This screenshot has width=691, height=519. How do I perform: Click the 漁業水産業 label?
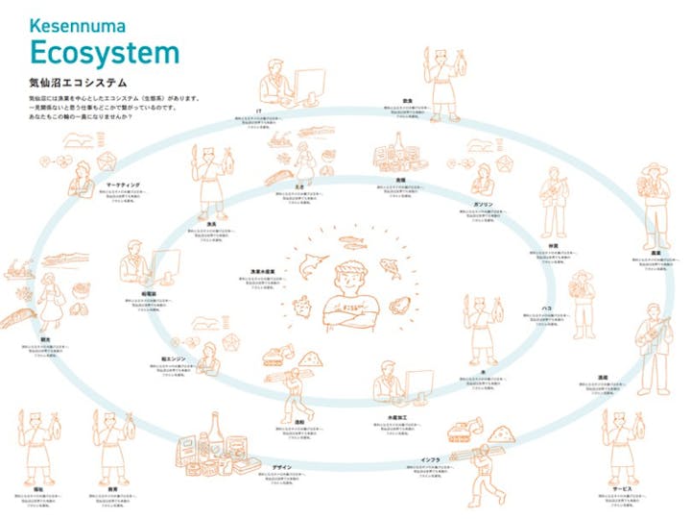(261, 272)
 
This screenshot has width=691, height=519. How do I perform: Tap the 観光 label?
(36, 337)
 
